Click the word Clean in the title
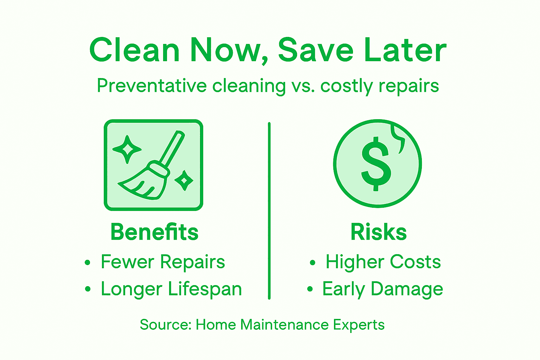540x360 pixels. tap(134, 50)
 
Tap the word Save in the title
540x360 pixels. tap(315, 50)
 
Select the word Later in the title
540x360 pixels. tap(405, 50)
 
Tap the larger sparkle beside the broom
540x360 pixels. tap(127, 149)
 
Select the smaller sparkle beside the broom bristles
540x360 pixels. tap(184, 180)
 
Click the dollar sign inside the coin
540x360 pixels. tap(376, 164)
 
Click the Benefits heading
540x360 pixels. tap(154, 232)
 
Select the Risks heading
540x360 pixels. tap(379, 232)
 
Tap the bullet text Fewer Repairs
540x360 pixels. tap(163, 262)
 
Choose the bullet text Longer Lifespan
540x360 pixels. tap(171, 289)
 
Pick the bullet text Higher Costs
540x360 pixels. tap(383, 262)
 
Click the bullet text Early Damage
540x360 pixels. tap(382, 289)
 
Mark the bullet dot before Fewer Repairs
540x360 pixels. tap(88, 263)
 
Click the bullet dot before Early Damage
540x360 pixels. tap(310, 289)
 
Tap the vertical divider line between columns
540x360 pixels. tap(269, 211)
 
